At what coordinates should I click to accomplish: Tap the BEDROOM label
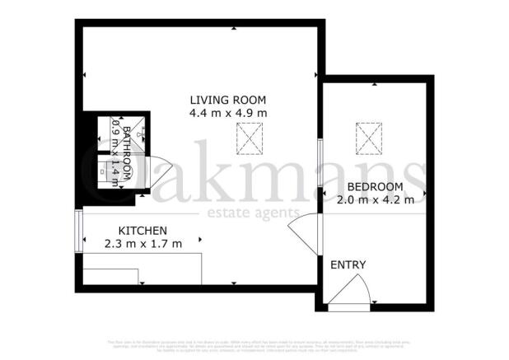(375, 187)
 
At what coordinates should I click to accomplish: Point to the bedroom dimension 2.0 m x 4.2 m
(375, 200)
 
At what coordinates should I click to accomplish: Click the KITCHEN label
(143, 231)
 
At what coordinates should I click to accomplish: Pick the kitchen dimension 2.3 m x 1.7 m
(143, 244)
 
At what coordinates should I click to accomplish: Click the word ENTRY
(348, 264)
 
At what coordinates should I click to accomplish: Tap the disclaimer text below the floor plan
(254, 345)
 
